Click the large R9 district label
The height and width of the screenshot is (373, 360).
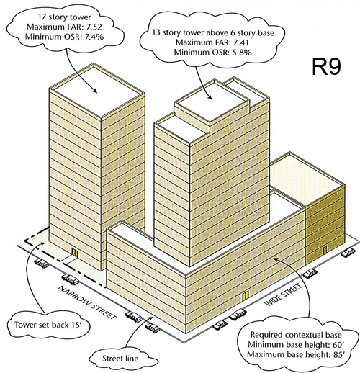coord(327,66)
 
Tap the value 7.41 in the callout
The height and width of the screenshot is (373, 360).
coord(241,42)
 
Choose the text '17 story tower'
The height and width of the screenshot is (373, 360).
coord(64,17)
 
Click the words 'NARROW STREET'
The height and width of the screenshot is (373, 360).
coord(87,302)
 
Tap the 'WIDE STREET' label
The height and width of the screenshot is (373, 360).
coord(283,295)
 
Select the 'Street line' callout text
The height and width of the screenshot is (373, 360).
coord(120,359)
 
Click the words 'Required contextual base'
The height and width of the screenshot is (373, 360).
coord(296,335)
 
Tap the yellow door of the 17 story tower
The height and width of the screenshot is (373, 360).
coord(75,253)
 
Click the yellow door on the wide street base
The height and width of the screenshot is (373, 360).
coord(245,296)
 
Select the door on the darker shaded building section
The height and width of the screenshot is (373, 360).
coord(325,250)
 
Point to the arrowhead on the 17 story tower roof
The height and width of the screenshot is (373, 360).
coord(95,91)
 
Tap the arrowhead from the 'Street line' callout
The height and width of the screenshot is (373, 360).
coord(151,318)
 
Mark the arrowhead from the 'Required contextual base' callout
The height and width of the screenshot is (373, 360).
coord(275,259)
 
